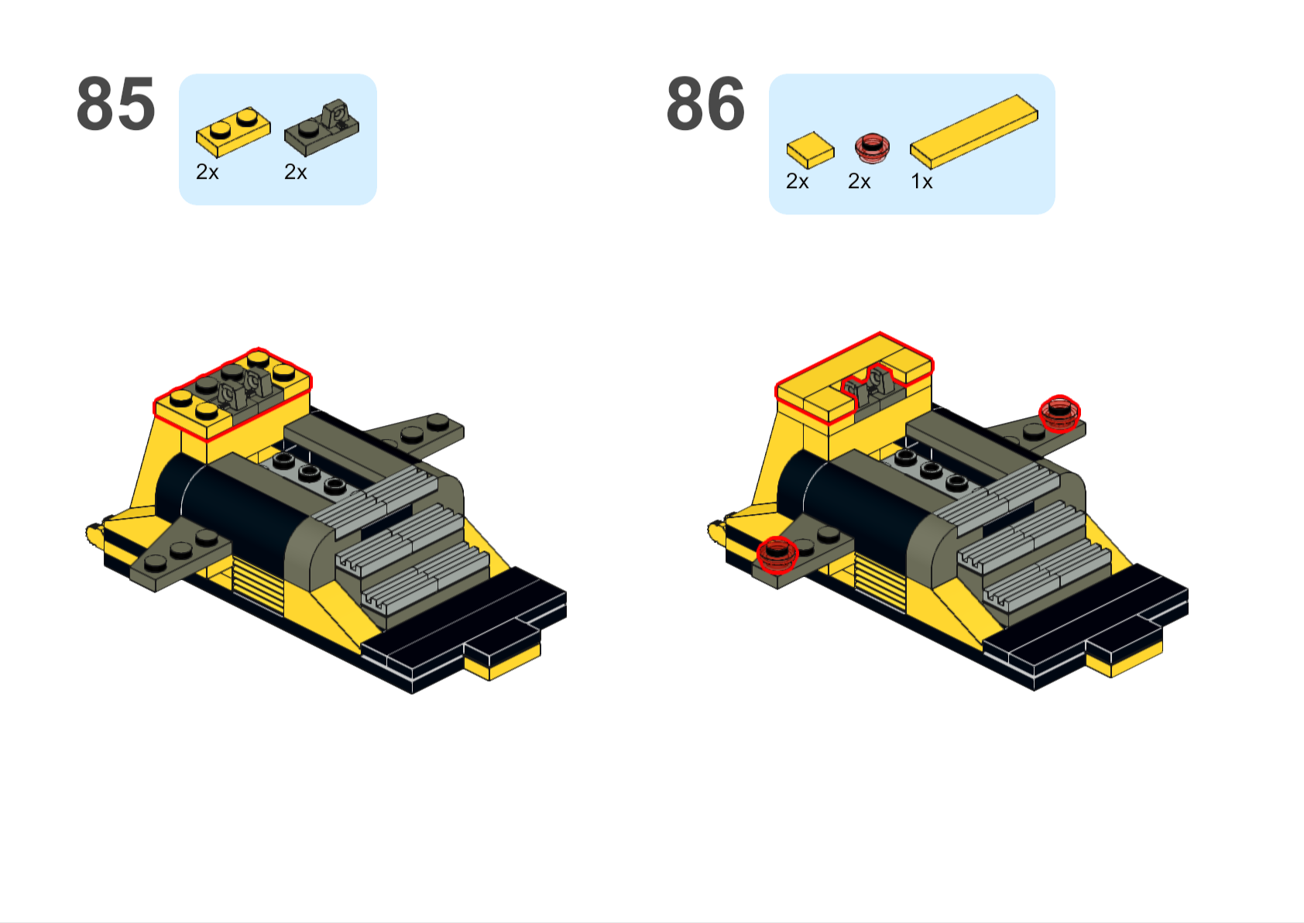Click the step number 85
(116, 104)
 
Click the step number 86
(705, 104)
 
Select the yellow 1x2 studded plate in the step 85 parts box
(233, 132)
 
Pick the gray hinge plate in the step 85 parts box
(321, 128)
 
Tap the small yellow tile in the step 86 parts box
(810, 150)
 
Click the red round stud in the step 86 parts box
(871, 149)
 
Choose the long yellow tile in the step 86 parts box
(974, 132)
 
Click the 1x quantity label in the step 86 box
(921, 181)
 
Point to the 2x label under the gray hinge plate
(295, 172)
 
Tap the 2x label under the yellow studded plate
(208, 172)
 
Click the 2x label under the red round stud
(860, 181)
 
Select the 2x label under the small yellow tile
(797, 181)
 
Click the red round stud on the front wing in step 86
(777, 554)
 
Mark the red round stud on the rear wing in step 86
(1059, 413)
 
